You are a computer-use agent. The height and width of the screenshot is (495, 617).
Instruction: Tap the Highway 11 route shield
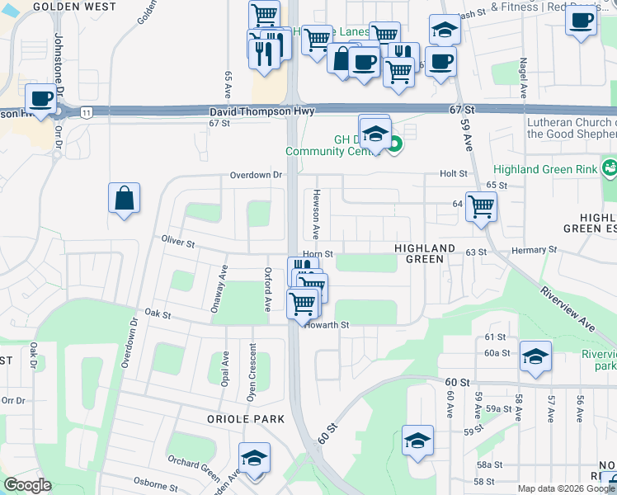(x=86, y=111)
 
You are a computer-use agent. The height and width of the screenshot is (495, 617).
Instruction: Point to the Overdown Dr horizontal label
(x=256, y=175)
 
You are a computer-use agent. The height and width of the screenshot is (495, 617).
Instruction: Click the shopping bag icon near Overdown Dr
(x=124, y=199)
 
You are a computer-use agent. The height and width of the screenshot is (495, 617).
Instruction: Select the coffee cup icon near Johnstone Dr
(x=40, y=99)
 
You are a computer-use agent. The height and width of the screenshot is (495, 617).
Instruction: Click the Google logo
(x=27, y=485)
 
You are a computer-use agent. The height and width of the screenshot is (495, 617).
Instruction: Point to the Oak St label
(x=157, y=314)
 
